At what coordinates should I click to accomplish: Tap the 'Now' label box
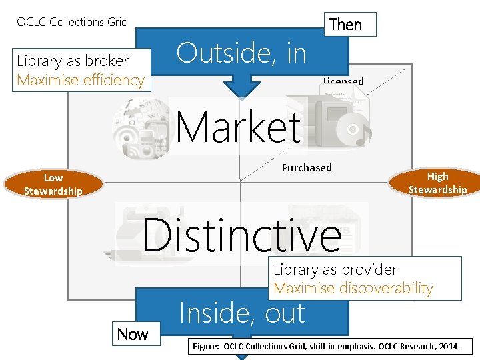pos(133,333)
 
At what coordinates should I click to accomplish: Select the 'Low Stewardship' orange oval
pos(53,184)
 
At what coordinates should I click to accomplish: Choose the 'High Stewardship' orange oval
pos(437,183)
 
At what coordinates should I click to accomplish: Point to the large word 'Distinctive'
pos(242,234)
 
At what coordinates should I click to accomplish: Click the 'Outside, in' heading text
pos(241,53)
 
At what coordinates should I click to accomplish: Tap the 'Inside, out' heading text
pos(242,313)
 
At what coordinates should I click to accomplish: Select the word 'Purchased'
pos(307,168)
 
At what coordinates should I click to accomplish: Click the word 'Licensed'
pos(343,82)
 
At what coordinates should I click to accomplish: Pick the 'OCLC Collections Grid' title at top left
pos(72,22)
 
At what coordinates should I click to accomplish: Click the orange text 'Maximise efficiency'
pos(81,80)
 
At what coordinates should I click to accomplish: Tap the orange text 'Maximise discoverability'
pos(353,289)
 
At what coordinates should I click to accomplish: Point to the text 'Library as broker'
pos(73,61)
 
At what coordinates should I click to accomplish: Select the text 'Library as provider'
pos(335,270)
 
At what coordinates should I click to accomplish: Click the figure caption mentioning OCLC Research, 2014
pos(331,347)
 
